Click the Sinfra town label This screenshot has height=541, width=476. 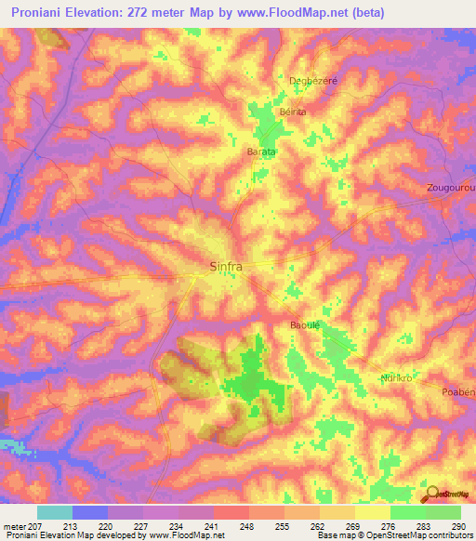click(223, 268)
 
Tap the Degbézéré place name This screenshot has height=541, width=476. click(313, 81)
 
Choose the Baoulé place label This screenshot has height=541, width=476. click(305, 325)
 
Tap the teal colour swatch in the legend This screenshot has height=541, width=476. click(55, 512)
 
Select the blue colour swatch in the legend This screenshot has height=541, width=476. click(90, 512)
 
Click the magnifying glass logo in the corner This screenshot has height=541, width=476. click(433, 493)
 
